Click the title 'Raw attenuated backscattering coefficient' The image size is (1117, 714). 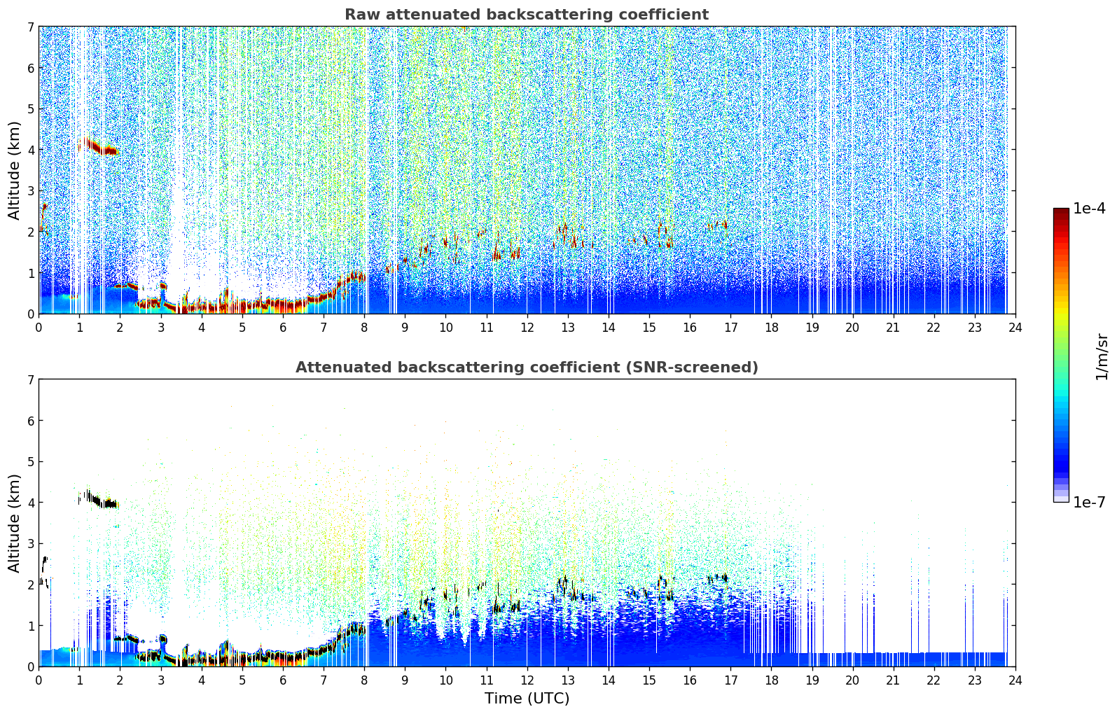(x=526, y=15)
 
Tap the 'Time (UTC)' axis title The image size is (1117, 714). (x=527, y=698)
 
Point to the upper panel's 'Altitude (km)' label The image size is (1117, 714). (x=14, y=170)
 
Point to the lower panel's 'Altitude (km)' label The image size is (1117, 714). (x=14, y=523)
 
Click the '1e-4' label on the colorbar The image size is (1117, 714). (x=1089, y=209)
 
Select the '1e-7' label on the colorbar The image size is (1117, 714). (x=1089, y=502)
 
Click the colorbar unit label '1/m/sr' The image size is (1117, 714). (x=1102, y=356)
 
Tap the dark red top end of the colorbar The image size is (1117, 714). (x=1060, y=212)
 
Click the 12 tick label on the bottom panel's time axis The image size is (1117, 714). (x=527, y=680)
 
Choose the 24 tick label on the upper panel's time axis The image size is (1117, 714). (x=1015, y=327)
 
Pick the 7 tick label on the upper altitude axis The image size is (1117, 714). (x=31, y=27)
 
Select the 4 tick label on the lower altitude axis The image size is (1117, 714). (x=31, y=503)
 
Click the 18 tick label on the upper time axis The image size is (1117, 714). (x=771, y=327)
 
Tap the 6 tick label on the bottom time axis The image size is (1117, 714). (x=283, y=680)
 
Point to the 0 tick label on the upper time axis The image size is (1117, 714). (x=39, y=327)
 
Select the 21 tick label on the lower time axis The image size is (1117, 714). (x=893, y=680)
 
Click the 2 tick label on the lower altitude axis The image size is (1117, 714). (x=31, y=584)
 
